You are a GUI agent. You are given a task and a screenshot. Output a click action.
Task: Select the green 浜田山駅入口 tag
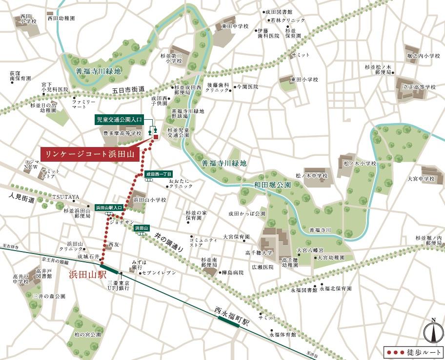click(x=109, y=207)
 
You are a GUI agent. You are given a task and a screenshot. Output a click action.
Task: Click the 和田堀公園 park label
click(x=272, y=185)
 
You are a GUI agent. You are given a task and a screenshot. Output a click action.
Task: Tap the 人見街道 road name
click(x=22, y=200)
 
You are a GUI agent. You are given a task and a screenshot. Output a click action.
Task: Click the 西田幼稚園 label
click(x=61, y=18)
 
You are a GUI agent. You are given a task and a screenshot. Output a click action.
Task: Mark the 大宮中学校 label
click(x=421, y=179)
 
